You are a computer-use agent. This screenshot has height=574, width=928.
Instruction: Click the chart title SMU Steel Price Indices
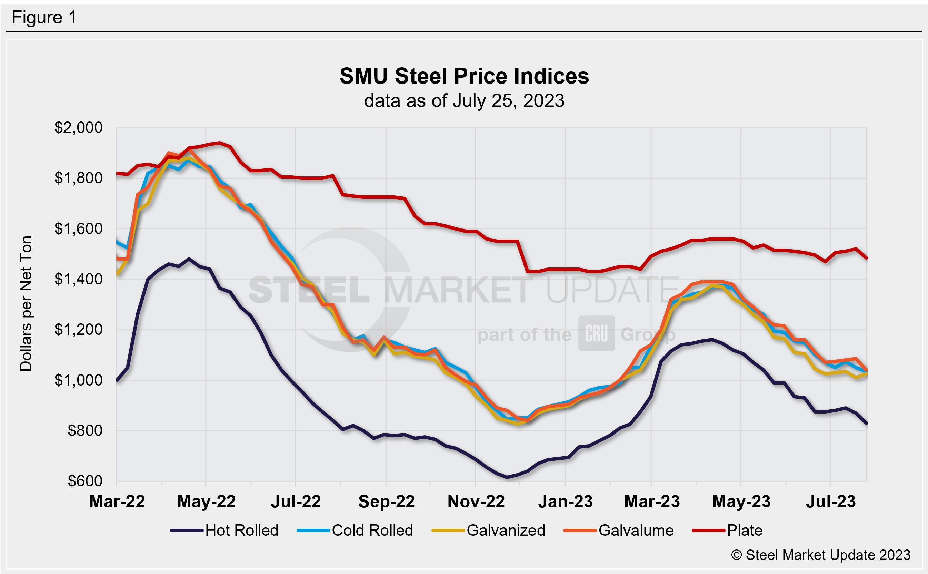[464, 76]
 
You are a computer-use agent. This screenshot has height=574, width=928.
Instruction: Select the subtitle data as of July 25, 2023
[464, 101]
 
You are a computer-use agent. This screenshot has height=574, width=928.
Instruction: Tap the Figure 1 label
[44, 18]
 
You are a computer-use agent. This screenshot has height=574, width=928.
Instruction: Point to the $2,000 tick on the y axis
[79, 128]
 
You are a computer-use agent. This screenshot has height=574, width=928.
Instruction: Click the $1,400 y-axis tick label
[79, 279]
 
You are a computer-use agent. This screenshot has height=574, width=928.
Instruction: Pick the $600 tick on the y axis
[85, 481]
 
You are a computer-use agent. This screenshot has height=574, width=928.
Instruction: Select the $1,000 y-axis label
[79, 380]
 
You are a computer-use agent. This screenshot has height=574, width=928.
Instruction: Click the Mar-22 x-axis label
[117, 502]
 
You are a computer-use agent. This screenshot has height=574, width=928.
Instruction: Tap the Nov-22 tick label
[476, 502]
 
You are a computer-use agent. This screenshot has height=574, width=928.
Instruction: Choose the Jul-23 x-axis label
[830, 502]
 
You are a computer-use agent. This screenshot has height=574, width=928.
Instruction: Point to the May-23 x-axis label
[741, 502]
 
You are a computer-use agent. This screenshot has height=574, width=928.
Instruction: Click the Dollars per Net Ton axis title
[26, 304]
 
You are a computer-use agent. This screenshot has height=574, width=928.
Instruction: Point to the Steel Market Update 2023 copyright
[821, 555]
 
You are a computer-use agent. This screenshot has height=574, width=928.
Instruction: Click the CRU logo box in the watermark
[596, 333]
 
